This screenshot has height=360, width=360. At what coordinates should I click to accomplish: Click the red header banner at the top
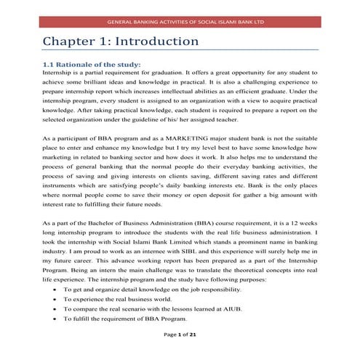(x=180, y=21)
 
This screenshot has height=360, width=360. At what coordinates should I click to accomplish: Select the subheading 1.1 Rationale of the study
(x=92, y=65)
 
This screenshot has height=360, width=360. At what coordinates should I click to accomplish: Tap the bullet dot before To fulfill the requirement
(x=55, y=319)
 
